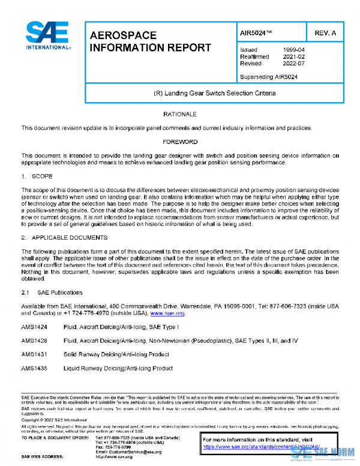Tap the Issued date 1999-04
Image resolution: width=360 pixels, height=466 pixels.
click(x=295, y=50)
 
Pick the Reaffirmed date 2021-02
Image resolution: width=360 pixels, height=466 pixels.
click(x=295, y=56)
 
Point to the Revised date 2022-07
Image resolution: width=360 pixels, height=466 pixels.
click(x=295, y=63)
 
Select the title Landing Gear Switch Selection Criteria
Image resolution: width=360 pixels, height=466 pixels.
click(x=215, y=94)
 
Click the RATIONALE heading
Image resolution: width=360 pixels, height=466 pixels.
click(x=179, y=114)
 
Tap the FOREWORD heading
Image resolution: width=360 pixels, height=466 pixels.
click(x=179, y=142)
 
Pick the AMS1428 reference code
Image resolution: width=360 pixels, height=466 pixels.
click(x=34, y=340)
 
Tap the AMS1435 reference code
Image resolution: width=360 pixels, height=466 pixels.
click(x=34, y=368)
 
